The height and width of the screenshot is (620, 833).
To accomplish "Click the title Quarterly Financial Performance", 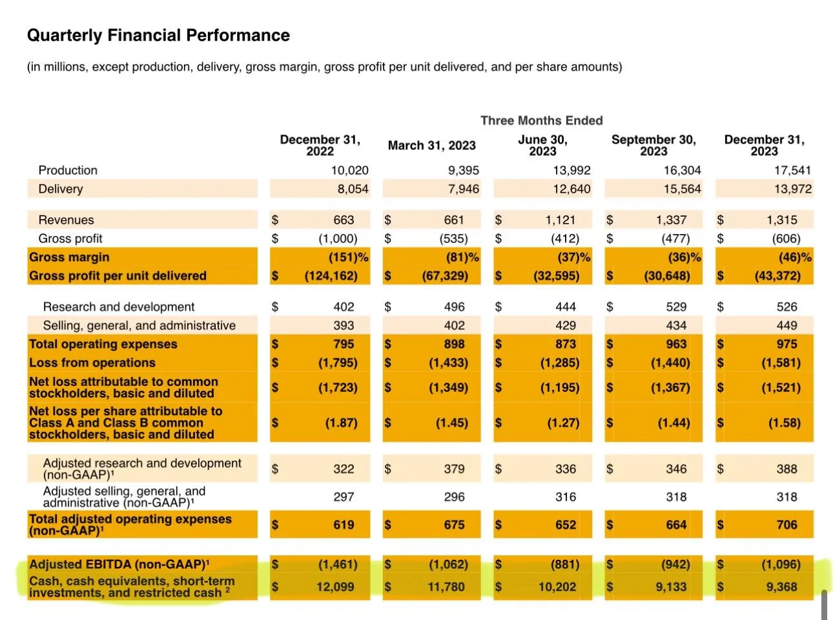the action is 158,36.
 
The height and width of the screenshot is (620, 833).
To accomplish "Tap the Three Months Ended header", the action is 542,120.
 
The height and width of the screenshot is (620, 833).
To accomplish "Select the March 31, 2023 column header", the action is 431,145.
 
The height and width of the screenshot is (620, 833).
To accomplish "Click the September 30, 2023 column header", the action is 653,145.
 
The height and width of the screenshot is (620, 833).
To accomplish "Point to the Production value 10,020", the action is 349,170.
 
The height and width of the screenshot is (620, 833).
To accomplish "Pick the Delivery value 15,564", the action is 682,189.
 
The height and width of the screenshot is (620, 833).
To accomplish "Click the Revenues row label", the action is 66,220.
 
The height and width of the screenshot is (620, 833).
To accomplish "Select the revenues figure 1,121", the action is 560,220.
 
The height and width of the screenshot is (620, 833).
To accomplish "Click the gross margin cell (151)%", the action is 349,257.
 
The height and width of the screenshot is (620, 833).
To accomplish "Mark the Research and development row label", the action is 119,307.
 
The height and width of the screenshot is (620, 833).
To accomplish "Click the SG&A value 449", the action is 787,325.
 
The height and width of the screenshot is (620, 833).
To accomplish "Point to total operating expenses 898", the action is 455,344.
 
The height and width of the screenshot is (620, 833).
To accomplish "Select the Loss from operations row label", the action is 92,363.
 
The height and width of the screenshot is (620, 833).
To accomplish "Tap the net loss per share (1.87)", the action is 342,423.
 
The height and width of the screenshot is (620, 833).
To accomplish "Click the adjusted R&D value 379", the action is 455,469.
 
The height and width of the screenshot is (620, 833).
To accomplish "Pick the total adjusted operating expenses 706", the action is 787,524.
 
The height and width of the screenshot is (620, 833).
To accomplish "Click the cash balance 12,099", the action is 335,587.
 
